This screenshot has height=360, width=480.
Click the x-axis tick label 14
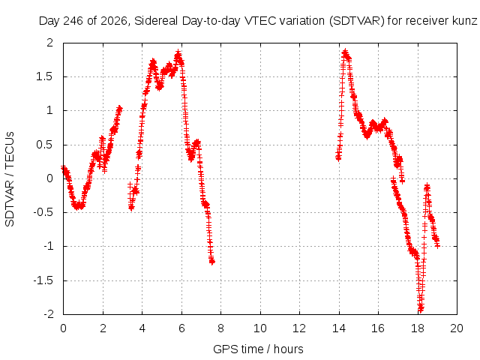point(339,328)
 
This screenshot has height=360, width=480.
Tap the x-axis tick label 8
point(220,328)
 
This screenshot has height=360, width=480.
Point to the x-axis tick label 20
point(457,328)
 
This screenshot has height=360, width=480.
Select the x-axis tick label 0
point(63,328)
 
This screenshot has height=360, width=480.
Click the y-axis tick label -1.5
point(43,280)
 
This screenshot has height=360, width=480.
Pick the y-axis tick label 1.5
point(45,76)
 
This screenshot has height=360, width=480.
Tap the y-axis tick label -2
point(49,314)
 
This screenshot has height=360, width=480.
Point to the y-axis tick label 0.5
point(45,145)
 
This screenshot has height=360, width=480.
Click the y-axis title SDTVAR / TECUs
point(10,179)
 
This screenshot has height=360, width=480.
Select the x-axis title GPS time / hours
point(258,349)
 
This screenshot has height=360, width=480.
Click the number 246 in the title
point(73,21)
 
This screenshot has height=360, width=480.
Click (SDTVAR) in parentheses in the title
point(357,21)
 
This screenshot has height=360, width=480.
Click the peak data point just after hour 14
point(345,51)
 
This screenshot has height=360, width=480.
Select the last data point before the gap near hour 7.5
point(212,262)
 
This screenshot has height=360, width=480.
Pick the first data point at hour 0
point(63,168)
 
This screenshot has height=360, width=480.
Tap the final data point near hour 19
point(437,245)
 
